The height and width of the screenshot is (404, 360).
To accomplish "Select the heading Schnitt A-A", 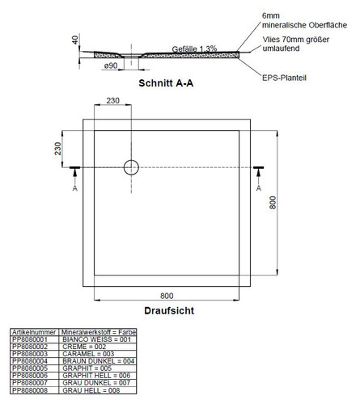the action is pyautogui.click(x=166, y=83).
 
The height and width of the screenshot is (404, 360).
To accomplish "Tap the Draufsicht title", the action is pyautogui.click(x=169, y=310).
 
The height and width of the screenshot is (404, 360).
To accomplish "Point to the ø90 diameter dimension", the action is pyautogui.click(x=111, y=65).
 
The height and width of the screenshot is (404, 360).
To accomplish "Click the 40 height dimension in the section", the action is pyautogui.click(x=75, y=40).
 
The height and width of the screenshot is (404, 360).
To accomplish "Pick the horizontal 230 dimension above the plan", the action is pyautogui.click(x=112, y=100).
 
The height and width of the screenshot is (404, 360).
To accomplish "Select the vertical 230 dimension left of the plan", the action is pyautogui.click(x=57, y=149).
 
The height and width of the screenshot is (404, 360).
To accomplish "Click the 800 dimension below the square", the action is pyautogui.click(x=167, y=296).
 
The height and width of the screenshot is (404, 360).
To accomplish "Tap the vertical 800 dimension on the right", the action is pyautogui.click(x=273, y=203).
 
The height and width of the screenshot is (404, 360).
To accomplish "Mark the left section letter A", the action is pyautogui.click(x=75, y=188).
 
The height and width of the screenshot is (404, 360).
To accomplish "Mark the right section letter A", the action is pyautogui.click(x=259, y=188).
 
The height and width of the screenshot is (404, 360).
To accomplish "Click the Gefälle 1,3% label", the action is pyautogui.click(x=194, y=49).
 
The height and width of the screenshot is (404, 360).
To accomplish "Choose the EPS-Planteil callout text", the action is pyautogui.click(x=284, y=78).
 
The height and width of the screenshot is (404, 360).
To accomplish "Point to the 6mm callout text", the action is pyautogui.click(x=271, y=15).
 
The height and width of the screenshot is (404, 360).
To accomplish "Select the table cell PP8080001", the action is pyautogui.click(x=30, y=339).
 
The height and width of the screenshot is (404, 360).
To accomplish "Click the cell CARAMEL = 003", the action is pyautogui.click(x=88, y=354).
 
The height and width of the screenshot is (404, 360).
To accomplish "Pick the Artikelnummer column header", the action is pyautogui.click(x=34, y=332).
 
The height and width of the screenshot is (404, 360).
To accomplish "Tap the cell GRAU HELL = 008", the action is pyautogui.click(x=91, y=390).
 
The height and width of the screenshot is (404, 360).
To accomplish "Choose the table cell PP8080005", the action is pyautogui.click(x=30, y=368).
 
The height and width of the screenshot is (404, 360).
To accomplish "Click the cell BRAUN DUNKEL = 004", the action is pyautogui.click(x=99, y=361).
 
